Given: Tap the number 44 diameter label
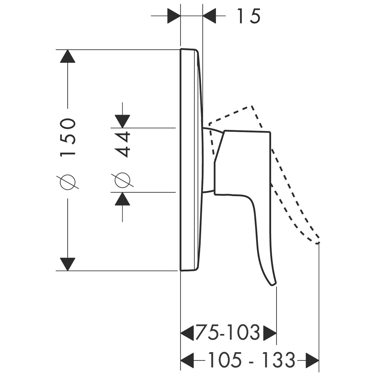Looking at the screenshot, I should click(122, 145).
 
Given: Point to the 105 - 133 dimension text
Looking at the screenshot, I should click(251, 360).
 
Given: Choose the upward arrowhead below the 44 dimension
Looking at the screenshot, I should click(122, 199).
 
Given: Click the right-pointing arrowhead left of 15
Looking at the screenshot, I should click(174, 14).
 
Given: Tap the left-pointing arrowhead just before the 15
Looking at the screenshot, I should click(210, 14).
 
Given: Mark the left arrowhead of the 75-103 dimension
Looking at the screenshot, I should click(187, 333).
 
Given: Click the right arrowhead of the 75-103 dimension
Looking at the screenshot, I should click(269, 333).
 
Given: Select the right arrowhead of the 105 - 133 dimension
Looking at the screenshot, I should click(312, 360).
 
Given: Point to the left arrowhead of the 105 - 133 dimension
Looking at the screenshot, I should click(187, 360).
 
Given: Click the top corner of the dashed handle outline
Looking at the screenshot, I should click(252, 106).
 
